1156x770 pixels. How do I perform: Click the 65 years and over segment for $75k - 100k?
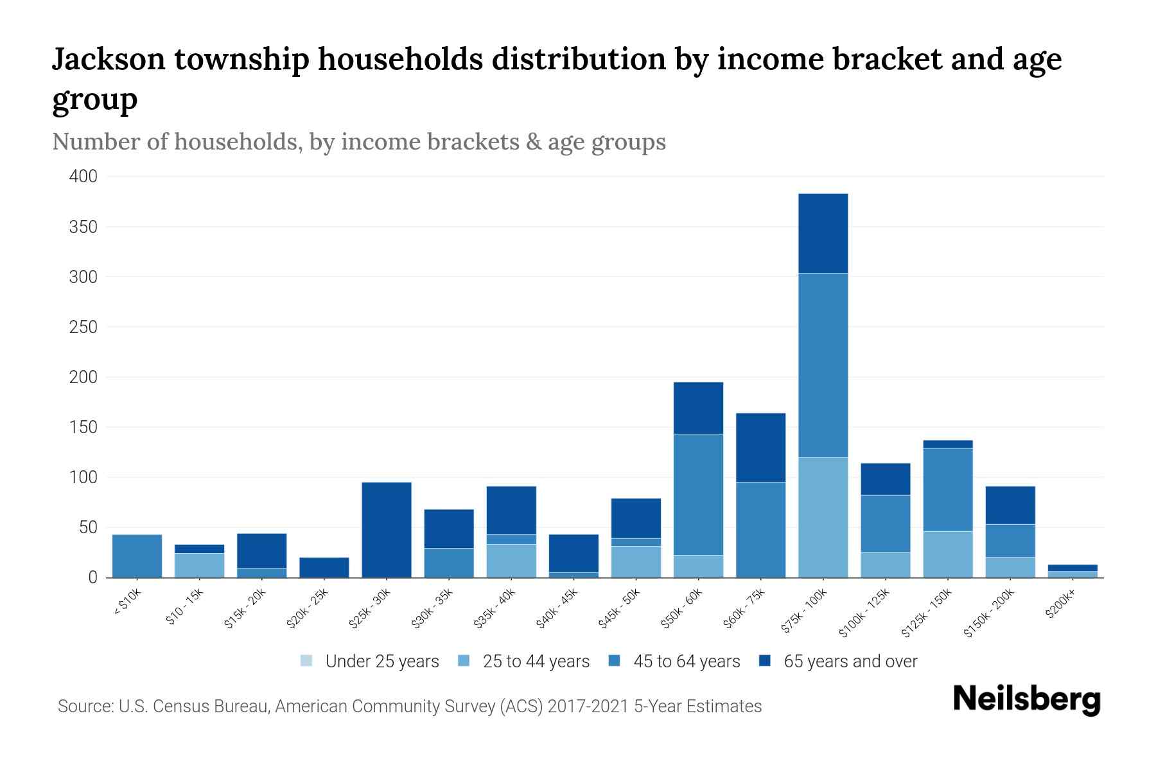tap(823, 234)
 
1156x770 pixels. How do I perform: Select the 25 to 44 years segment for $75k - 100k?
tap(823, 517)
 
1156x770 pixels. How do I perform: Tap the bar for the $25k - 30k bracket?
tap(387, 530)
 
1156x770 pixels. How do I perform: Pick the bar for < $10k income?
tap(137, 556)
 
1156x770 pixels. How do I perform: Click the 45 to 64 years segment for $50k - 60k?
tap(698, 494)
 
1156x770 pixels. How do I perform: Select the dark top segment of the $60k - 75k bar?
tap(760, 447)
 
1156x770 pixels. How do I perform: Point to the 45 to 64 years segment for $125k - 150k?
tap(947, 489)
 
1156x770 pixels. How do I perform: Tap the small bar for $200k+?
tap(1073, 571)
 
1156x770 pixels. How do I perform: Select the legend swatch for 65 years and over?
tap(765, 661)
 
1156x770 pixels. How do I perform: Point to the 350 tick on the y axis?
tap(83, 227)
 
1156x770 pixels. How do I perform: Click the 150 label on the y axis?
tap(83, 427)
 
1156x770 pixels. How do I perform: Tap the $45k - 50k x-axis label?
tap(619, 609)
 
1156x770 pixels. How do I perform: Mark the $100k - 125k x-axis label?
tap(864, 613)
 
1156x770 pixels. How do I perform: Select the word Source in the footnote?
tap(83, 706)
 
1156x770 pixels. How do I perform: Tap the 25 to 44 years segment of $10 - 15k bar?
tap(199, 565)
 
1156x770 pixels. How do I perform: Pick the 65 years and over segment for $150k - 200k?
tap(1010, 505)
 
